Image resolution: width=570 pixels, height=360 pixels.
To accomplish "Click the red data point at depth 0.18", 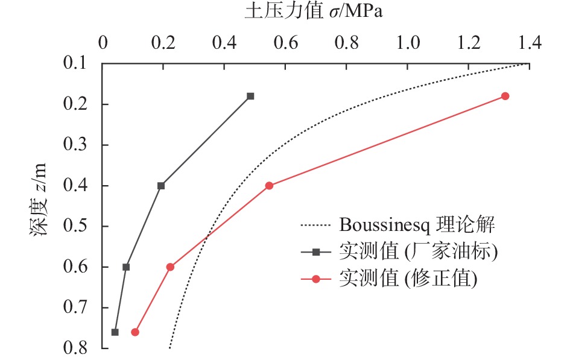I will [x=505, y=96].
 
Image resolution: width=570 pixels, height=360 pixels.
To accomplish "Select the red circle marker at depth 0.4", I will [x=269, y=186].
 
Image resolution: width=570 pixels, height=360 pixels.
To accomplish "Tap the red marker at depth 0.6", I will [x=170, y=267].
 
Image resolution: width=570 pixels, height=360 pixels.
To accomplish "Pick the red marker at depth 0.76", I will [x=135, y=332].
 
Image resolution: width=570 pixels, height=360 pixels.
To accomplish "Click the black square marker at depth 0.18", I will [x=250, y=96].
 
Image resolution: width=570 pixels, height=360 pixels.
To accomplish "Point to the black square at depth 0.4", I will [x=161, y=186].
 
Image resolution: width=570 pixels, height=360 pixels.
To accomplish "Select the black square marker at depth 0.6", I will [x=126, y=267].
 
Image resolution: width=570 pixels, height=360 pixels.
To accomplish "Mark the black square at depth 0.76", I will [x=115, y=332].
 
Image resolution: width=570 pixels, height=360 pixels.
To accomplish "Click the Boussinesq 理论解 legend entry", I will [x=417, y=226].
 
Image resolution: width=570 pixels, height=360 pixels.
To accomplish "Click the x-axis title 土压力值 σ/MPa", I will [x=313, y=12].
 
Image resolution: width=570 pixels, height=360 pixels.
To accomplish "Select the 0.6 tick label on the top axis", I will [x=286, y=43].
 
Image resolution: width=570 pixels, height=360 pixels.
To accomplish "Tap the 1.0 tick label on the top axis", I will [x=408, y=43].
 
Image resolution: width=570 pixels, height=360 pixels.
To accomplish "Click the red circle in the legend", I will [x=316, y=279].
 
